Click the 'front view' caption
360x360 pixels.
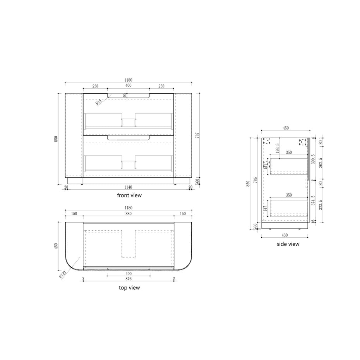click(x=129, y=195)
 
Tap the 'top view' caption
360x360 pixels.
click(x=129, y=288)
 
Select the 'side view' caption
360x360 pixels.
click(x=288, y=244)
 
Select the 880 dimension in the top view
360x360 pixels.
click(x=128, y=213)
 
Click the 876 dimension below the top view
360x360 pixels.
click(x=128, y=278)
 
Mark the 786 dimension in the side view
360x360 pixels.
click(x=255, y=180)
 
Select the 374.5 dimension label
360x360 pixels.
click(x=313, y=202)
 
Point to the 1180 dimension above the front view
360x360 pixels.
click(x=128, y=80)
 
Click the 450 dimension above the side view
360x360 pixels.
click(x=286, y=128)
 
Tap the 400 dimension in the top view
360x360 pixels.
click(x=128, y=274)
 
